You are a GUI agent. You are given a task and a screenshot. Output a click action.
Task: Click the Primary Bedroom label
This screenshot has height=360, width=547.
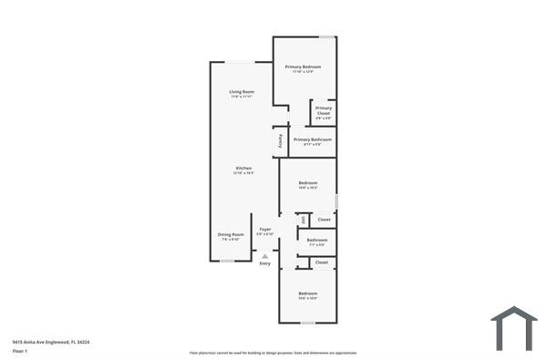point(304,67)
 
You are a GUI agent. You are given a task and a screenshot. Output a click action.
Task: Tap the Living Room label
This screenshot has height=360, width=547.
point(242,92)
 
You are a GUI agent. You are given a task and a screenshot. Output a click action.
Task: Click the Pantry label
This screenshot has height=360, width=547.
point(280,141)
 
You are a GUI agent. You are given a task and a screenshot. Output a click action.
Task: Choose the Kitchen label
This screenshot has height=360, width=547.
point(243,169)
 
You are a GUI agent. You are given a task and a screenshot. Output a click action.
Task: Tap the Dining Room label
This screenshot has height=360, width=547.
point(231,235)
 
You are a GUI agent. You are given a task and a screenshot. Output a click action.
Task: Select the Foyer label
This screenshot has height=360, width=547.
point(265,230)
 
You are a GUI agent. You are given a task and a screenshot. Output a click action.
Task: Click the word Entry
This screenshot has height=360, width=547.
point(265,263)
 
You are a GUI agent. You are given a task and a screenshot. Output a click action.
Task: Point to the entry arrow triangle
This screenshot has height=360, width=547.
point(265,256)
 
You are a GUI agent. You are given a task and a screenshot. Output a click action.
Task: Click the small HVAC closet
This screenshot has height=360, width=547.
point(303,219)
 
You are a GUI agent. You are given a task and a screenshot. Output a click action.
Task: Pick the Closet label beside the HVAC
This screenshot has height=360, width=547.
point(323,220)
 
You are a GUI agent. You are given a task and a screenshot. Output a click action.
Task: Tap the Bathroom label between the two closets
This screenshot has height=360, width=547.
point(317,241)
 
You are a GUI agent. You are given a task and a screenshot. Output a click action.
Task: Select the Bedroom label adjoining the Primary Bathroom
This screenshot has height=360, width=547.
point(308,184)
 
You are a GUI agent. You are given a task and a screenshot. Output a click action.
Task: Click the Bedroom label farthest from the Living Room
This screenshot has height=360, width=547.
point(308,293)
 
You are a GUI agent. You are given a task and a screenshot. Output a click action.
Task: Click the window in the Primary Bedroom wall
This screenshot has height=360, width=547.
point(325,36)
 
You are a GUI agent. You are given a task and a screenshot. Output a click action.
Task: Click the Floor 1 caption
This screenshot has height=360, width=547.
point(19,351)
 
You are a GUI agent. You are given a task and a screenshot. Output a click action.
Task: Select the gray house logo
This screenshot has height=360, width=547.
point(514,327)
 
